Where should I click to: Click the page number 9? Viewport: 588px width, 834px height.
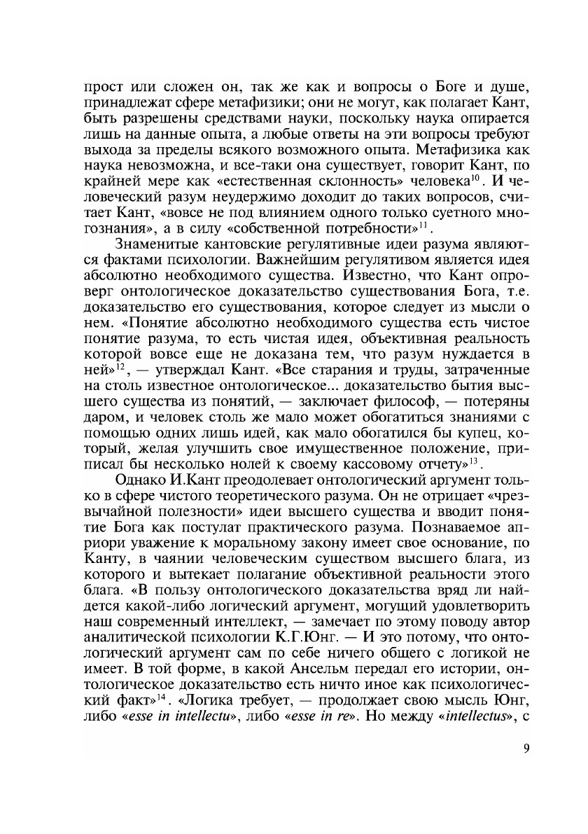(526, 749)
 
